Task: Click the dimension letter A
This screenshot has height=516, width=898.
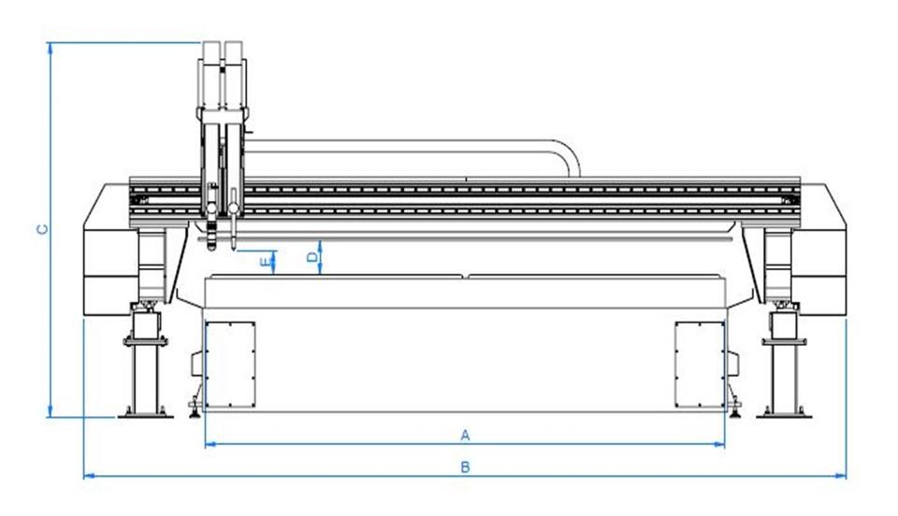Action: point(464,435)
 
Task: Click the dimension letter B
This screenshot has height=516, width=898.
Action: point(465,466)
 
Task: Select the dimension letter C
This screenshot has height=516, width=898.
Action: point(41,229)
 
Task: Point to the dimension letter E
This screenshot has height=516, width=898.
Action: point(266,259)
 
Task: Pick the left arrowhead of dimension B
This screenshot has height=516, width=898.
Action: point(88,476)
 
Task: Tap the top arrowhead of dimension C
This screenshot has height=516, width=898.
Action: point(50,46)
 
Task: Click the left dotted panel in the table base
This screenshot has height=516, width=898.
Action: point(230,364)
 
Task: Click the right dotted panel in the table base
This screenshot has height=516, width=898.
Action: point(700,364)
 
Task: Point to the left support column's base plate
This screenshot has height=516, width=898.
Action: point(146,412)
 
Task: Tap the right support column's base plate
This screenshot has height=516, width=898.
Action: point(784,412)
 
